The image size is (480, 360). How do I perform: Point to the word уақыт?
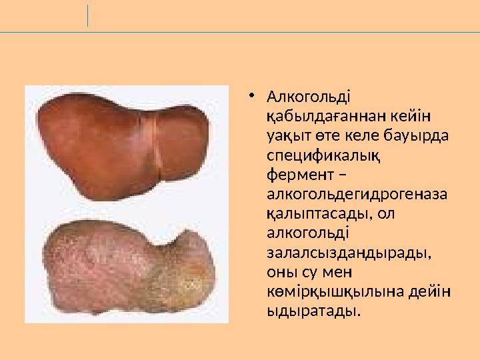285,136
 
